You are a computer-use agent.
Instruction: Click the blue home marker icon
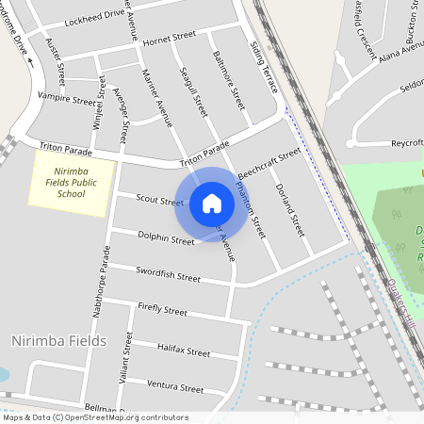tap(212, 204)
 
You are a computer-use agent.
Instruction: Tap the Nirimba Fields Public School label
tap(71, 182)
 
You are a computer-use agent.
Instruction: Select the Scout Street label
tap(159, 200)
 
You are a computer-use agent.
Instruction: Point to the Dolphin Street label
tap(166, 237)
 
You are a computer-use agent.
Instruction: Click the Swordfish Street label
tap(169, 275)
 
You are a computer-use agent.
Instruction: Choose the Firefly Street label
tap(162, 308)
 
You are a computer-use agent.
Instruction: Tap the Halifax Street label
tap(184, 350)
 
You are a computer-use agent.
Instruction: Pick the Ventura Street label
tap(176, 386)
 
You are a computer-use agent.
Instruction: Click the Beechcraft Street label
tap(269, 163)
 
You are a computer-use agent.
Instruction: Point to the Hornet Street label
tap(170, 38)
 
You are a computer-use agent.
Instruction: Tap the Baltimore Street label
tap(229, 79)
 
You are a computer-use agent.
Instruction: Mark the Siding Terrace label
tap(263, 67)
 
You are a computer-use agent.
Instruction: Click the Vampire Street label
tap(67, 96)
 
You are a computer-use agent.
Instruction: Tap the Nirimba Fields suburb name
tap(58, 340)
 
